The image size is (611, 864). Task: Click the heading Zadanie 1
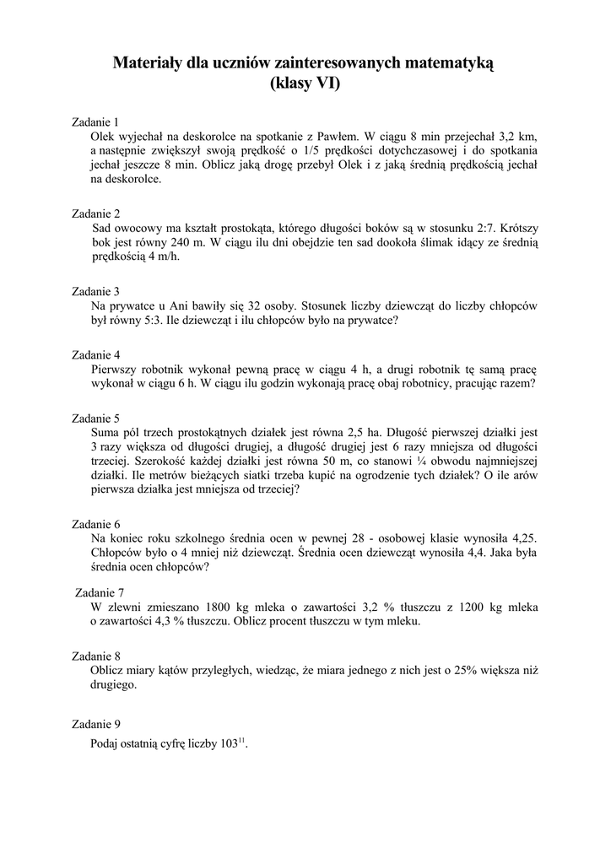pos(96,121)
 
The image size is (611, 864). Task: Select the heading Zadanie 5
pos(96,418)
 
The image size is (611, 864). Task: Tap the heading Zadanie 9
pos(96,724)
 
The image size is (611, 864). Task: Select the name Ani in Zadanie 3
pos(182,306)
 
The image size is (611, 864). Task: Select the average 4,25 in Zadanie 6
pos(521,538)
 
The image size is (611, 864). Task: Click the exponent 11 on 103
pos(241,740)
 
